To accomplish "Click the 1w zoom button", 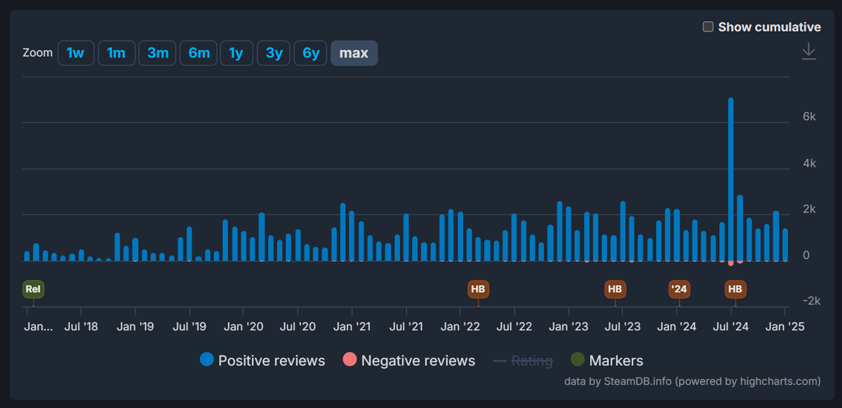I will (x=76, y=53).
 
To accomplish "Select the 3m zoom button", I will (x=157, y=53).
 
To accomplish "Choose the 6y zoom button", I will (x=310, y=53).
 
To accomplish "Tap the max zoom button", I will (x=354, y=53).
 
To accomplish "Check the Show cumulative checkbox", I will (x=708, y=27).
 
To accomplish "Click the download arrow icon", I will (x=808, y=51).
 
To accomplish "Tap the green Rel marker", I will (x=33, y=289).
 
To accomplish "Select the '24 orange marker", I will (x=679, y=289).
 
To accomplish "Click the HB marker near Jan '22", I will (x=478, y=289).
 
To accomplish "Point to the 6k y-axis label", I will (x=809, y=117).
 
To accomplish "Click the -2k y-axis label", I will (x=811, y=301).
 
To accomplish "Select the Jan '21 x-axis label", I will (x=352, y=327).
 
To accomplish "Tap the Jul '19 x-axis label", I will (x=189, y=327).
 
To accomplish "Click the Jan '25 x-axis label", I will (x=785, y=327).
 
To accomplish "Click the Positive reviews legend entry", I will (x=262, y=361).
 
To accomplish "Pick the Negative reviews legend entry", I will (x=408, y=361).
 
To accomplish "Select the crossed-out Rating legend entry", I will (x=523, y=361).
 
